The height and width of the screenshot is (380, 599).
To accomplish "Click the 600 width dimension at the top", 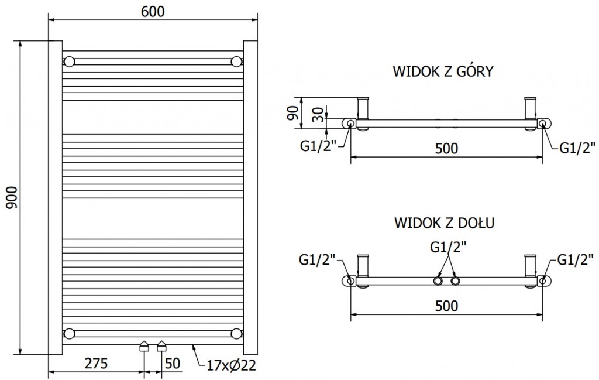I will click(152, 12).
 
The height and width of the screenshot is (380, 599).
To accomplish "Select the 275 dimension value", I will click(96, 363).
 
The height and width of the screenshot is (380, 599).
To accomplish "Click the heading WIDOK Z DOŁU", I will click(445, 222).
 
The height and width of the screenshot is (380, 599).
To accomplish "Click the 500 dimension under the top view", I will click(446, 148).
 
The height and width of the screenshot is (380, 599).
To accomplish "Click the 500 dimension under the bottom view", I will click(446, 306).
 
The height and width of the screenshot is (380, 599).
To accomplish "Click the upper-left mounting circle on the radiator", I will click(70, 61).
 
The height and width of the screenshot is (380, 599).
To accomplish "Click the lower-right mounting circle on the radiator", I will click(237, 334).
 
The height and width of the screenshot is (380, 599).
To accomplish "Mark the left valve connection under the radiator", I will click(144, 346).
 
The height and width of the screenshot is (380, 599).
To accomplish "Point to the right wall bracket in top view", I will click(531, 108).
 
